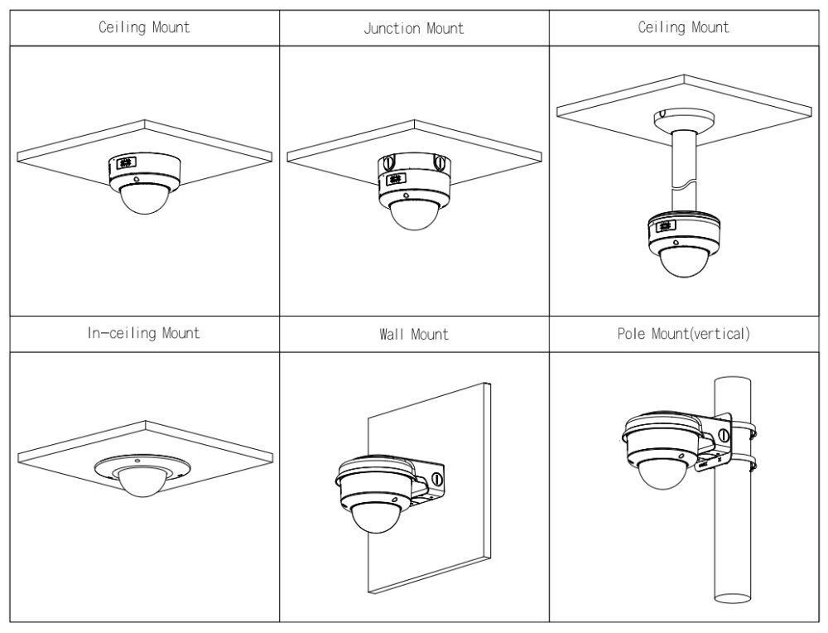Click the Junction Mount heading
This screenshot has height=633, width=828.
click(x=414, y=28)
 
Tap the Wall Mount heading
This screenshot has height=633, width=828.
click(x=414, y=335)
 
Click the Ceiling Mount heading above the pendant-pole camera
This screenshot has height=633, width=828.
click(x=683, y=27)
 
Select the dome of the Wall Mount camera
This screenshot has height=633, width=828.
click(x=372, y=517)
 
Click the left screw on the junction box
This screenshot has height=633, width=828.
click(x=388, y=163)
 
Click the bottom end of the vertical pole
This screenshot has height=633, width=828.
click(x=731, y=598)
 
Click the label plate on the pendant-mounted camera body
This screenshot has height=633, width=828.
click(x=662, y=226)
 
